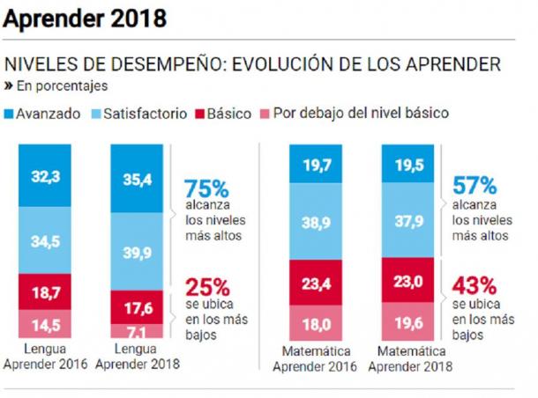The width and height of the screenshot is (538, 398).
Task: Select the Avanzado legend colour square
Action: tap(10, 114)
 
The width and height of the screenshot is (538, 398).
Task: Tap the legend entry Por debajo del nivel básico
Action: tap(353, 114)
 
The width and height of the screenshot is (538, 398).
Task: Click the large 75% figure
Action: tap(206, 188)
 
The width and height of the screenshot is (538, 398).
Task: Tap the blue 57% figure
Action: tap(473, 186)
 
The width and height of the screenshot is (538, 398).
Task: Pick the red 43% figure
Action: tap(473, 287)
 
